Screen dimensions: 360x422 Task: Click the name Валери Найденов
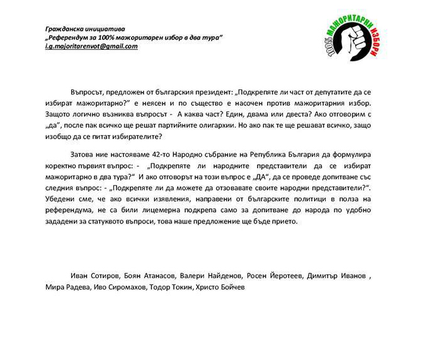coord(207,276)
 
